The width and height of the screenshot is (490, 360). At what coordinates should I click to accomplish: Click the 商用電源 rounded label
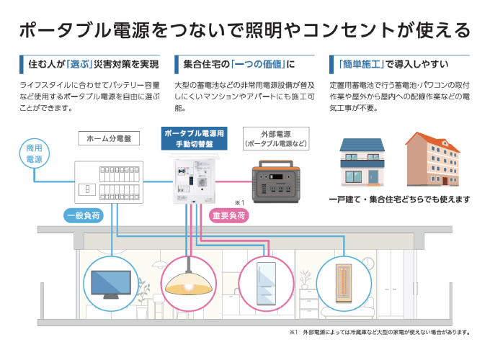coord(34,153)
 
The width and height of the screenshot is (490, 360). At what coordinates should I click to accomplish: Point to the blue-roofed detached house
coord(365,161)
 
